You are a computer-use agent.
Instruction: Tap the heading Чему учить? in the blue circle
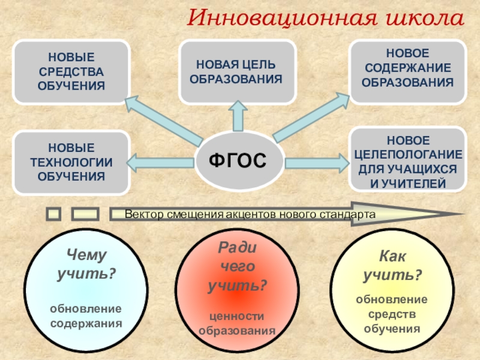click(x=86, y=265)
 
